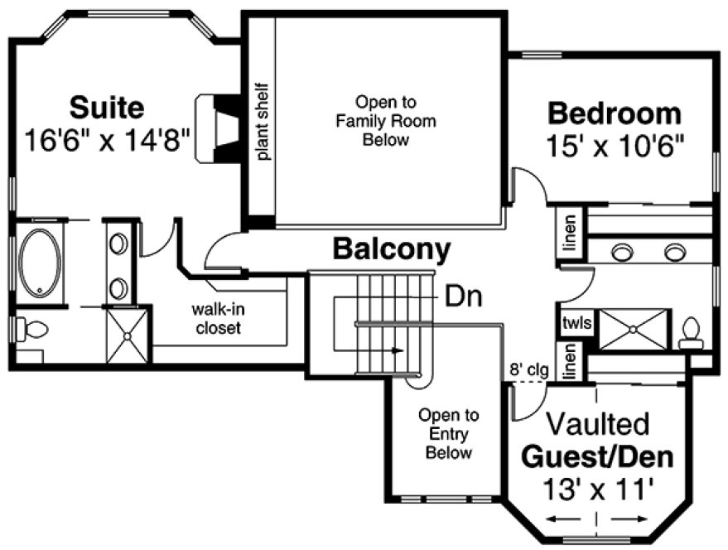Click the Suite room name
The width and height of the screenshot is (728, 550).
click(x=107, y=107)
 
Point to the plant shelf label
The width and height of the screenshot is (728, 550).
click(x=262, y=121)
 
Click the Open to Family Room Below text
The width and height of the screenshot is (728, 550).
click(x=385, y=121)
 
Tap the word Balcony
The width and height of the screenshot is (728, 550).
click(x=392, y=248)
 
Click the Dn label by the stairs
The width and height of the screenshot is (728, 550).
click(x=463, y=295)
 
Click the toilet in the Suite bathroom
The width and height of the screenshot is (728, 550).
click(x=31, y=330)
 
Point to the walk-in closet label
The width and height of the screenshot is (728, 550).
click(x=219, y=318)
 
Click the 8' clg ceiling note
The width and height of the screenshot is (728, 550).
click(x=528, y=370)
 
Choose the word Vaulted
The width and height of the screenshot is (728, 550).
click(x=595, y=424)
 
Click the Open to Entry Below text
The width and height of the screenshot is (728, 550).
click(x=449, y=433)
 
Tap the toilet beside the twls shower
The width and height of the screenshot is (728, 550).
click(x=690, y=334)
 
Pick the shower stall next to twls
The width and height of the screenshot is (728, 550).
click(x=633, y=329)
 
